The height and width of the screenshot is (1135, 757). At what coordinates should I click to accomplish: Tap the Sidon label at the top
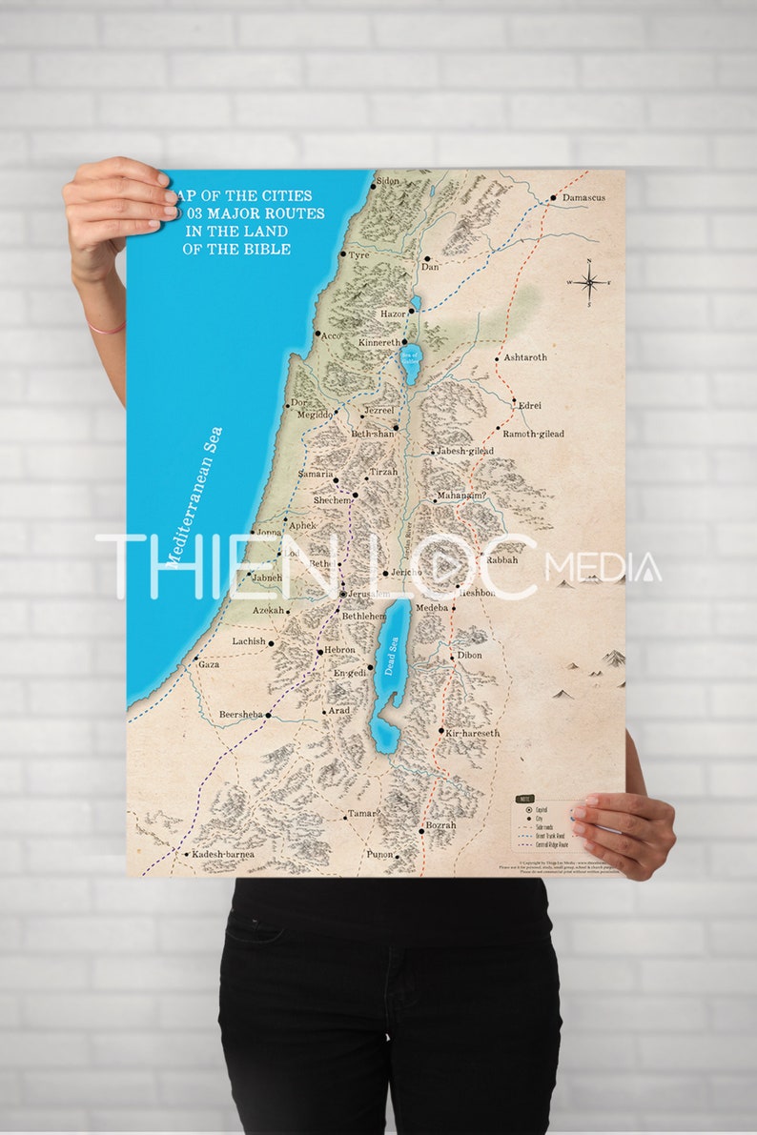387,181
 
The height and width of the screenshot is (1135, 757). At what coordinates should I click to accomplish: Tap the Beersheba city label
240,714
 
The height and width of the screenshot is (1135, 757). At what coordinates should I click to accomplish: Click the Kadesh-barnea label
223,855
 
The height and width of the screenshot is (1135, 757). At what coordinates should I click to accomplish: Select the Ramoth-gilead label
533,434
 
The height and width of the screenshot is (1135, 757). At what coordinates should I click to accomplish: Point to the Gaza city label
209,664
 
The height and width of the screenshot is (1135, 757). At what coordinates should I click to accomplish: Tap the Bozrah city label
440,825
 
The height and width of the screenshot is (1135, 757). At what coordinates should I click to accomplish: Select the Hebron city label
339,650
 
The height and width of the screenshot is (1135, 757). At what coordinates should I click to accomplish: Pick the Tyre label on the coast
358,255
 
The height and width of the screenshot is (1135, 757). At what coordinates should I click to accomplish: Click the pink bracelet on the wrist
107,328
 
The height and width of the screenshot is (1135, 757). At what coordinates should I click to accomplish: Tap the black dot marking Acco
317,334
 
